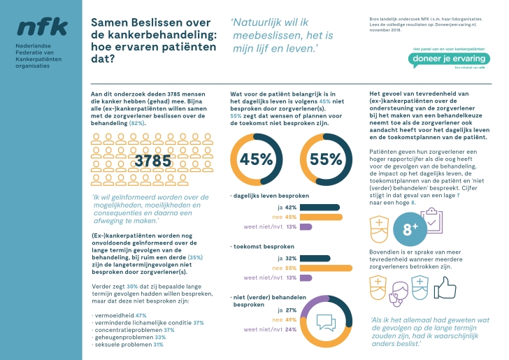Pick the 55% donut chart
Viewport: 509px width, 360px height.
click(x=324, y=159)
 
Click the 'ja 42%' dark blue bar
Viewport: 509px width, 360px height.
click(x=321, y=208)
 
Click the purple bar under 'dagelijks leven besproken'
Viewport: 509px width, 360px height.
click(x=306, y=226)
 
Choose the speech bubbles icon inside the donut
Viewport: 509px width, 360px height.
click(x=327, y=322)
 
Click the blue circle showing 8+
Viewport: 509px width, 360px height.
click(x=406, y=227)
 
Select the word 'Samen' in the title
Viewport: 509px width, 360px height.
click(x=111, y=22)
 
